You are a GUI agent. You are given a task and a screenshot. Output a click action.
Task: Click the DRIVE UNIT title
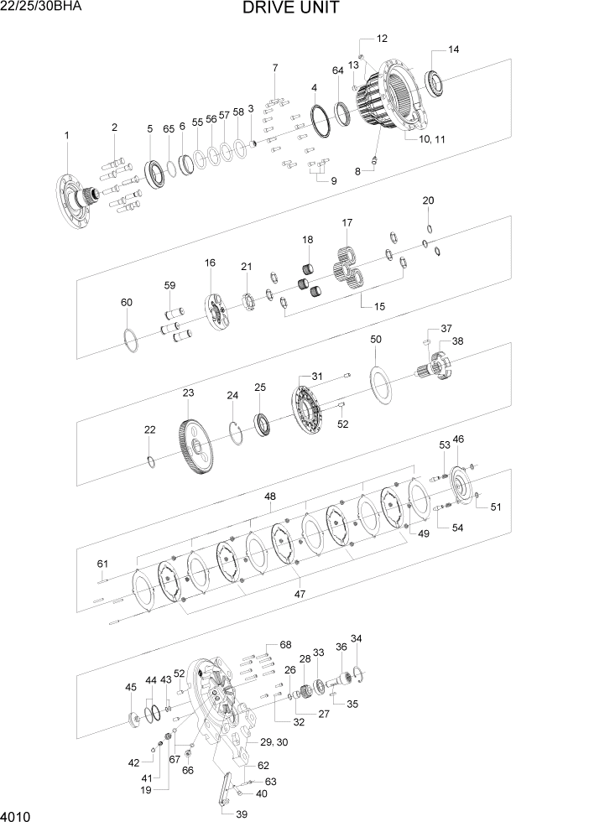291,9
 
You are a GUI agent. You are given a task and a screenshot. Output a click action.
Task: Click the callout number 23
188,393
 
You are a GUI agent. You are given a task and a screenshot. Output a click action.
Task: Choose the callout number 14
453,49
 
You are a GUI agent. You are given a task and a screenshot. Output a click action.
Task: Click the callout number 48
270,497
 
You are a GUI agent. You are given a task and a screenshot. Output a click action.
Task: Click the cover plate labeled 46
460,484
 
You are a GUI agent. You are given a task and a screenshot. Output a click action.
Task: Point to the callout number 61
102,563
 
